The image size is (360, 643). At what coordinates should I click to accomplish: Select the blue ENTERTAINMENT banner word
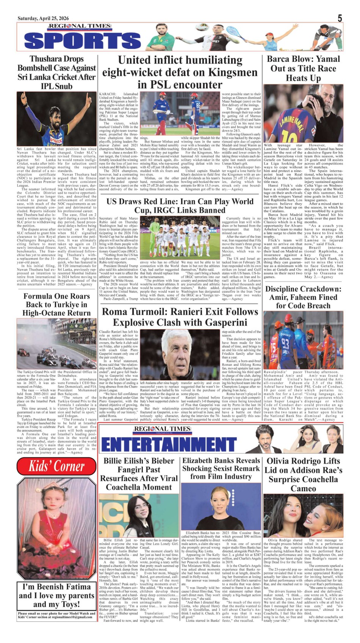pyautogui.click(x=169, y=444)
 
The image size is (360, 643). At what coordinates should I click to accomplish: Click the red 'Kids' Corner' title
pyautogui.click(x=57, y=466)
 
